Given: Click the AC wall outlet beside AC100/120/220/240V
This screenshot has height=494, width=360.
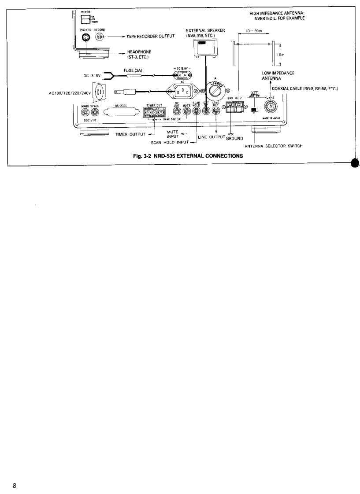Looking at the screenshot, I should [x=99, y=93].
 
